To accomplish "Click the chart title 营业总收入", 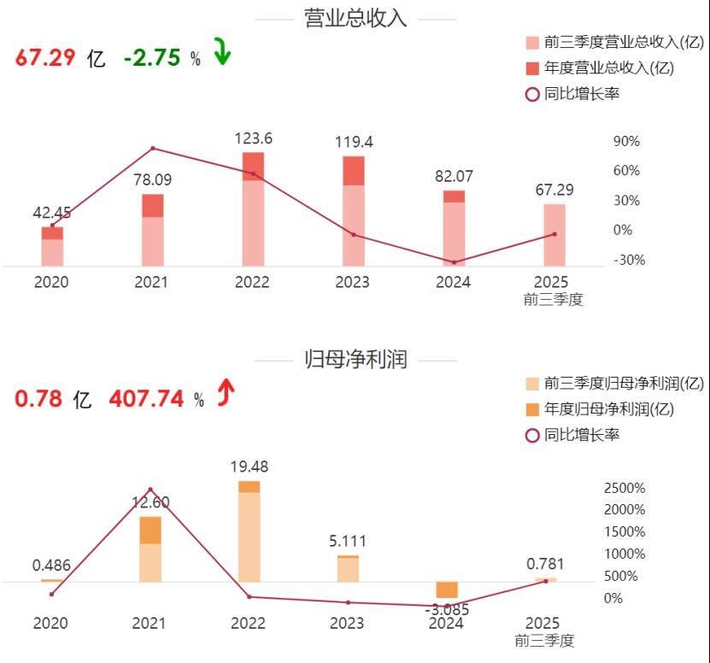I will coord(355,19).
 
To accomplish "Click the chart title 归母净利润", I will coord(355,360).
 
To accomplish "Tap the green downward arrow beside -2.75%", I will coord(222,54).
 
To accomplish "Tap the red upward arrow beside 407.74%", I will coord(226,394).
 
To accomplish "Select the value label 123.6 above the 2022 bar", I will coord(253,138).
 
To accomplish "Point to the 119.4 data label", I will coord(354,142).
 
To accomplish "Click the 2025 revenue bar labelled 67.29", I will coord(555,235).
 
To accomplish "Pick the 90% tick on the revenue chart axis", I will coord(626,141).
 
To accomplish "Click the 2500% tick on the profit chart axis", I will coord(625,488).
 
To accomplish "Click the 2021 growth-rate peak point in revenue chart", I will coord(153,149).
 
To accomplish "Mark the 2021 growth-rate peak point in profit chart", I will coord(150,490).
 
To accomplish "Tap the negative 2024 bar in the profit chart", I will coord(447,590).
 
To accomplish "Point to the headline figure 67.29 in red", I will coord(45,58).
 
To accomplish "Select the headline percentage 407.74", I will coord(144,399).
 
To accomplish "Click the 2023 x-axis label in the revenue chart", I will coord(353,283).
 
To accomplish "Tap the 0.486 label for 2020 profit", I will coord(51,566).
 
